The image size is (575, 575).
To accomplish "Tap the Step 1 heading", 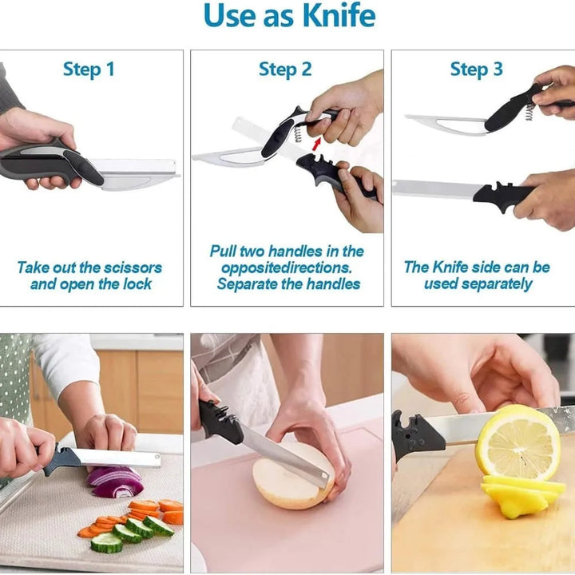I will [89, 69].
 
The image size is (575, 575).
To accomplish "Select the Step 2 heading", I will [285, 69].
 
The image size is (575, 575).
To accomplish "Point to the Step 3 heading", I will [476, 69].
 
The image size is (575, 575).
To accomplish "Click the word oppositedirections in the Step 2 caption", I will [286, 268].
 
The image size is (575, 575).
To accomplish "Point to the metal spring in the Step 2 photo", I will [299, 125].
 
